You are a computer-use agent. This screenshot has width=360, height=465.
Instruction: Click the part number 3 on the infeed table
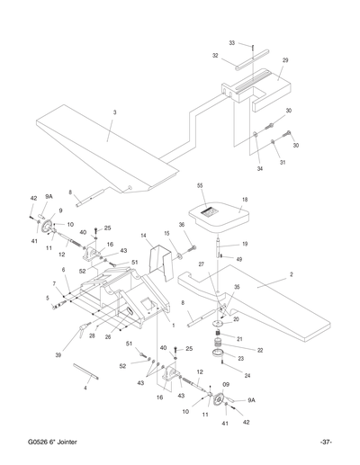click(114, 112)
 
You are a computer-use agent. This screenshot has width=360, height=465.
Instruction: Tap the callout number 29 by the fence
click(285, 60)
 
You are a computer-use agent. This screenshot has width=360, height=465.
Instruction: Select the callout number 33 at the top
click(232, 42)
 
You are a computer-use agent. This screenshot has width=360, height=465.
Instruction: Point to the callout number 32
click(215, 55)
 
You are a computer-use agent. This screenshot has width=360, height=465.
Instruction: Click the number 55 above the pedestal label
click(201, 184)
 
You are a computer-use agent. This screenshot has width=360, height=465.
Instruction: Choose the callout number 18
click(245, 201)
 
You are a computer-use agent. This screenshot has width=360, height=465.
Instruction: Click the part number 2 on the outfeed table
click(292, 273)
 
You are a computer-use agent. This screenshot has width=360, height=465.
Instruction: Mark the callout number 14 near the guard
click(143, 236)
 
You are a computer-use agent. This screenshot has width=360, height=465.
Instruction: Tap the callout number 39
click(58, 356)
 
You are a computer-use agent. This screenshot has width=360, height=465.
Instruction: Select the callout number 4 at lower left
click(85, 388)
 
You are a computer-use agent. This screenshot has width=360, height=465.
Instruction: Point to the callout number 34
click(261, 167)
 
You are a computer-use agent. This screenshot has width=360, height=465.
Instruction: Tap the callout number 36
click(182, 225)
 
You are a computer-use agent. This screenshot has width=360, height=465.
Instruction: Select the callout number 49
click(238, 259)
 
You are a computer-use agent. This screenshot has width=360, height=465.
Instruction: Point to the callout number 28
click(91, 335)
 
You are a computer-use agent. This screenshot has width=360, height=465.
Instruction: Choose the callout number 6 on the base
click(64, 269)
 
